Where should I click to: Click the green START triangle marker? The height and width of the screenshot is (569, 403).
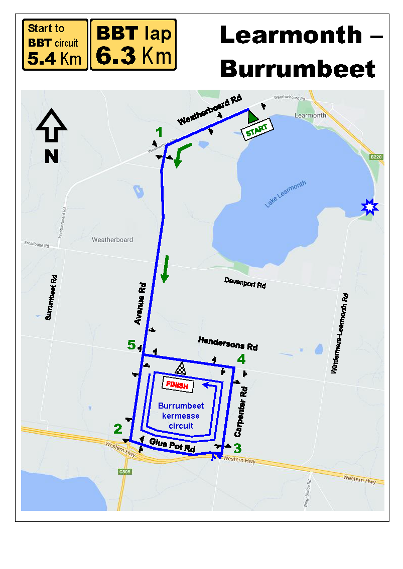tap(252, 117)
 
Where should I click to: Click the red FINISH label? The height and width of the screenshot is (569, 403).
tap(178, 386)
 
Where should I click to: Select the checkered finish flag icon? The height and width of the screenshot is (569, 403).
tap(181, 369)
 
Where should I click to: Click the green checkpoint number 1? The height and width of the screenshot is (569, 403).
tap(160, 132)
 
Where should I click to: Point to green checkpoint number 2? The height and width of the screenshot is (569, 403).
tap(118, 429)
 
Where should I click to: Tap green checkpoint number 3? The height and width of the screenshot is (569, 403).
tap(237, 448)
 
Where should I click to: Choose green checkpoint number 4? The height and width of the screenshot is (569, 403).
tap(241, 359)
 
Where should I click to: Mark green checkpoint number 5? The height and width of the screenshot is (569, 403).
tap(131, 344)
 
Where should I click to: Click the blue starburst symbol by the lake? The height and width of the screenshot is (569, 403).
tap(369, 207)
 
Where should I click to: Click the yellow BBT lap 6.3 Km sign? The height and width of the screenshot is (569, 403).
tap(133, 45)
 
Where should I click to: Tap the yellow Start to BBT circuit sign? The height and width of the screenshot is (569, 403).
tap(55, 45)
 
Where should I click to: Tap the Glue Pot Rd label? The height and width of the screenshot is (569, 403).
tap(172, 445)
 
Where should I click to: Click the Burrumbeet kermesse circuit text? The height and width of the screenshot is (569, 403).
tap(181, 416)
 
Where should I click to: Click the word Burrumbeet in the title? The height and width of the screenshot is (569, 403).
tap(298, 69)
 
